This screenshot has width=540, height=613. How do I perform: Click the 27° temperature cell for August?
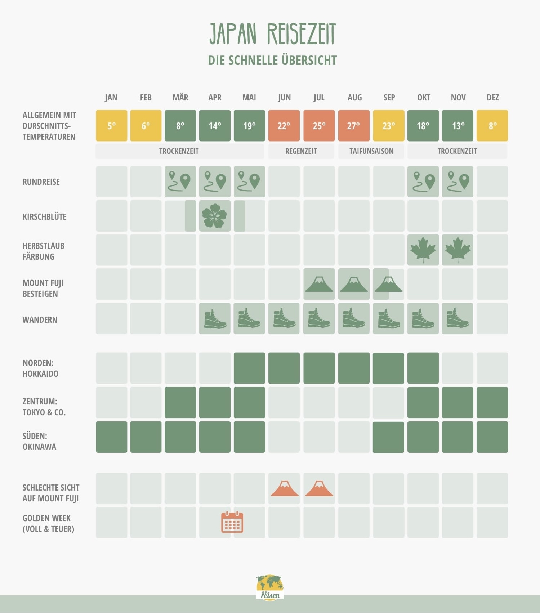click(354, 126)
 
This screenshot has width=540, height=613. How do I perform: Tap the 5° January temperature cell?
click(111, 126)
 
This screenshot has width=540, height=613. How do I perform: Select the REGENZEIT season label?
click(301, 151)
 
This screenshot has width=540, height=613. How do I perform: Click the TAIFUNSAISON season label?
click(371, 151)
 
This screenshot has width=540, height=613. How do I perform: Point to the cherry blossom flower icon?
click(215, 216)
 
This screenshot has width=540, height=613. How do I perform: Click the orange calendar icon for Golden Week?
click(232, 522)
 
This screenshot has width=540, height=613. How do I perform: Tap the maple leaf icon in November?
click(458, 250)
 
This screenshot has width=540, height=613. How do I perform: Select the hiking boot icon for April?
click(215, 318)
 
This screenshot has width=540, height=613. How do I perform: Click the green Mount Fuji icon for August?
click(354, 284)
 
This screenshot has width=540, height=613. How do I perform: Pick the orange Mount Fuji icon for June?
click(284, 488)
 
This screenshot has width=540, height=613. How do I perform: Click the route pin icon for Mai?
click(249, 181)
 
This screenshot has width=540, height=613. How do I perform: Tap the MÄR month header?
click(180, 98)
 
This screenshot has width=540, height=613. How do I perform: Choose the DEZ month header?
click(492, 98)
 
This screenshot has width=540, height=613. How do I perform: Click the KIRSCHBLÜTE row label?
click(44, 217)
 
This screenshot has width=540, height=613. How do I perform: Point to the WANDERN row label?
click(40, 320)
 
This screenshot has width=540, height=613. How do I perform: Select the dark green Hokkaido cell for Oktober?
click(423, 368)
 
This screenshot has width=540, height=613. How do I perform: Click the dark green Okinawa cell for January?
click(111, 437)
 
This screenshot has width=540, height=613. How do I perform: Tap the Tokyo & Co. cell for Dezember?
click(492, 402)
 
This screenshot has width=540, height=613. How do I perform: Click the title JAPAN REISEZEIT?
click(272, 34)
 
